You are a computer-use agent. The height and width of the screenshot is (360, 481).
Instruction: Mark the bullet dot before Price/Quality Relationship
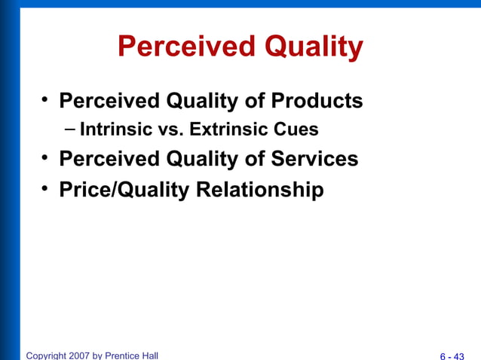click(x=45, y=188)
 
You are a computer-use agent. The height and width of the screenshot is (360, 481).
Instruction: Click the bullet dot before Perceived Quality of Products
click(x=45, y=99)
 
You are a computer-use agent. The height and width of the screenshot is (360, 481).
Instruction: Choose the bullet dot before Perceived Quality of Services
click(x=45, y=157)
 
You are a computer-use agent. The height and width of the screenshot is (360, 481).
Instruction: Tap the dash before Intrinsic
click(x=70, y=129)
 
